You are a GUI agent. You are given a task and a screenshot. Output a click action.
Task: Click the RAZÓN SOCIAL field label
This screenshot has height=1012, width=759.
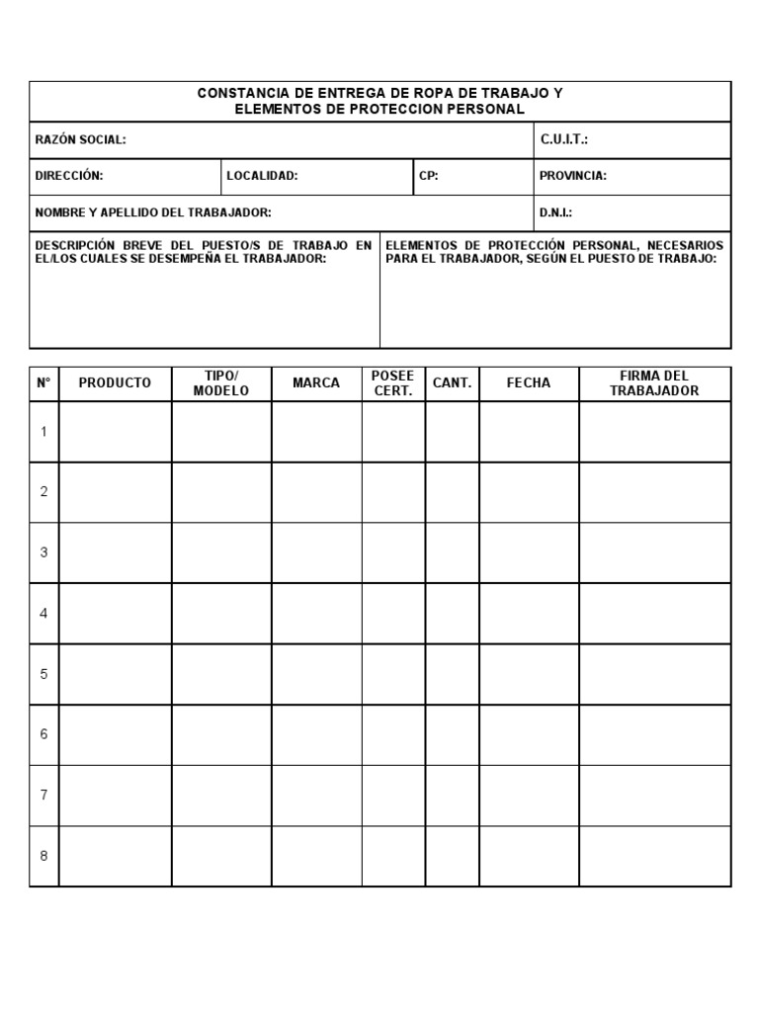[81, 140]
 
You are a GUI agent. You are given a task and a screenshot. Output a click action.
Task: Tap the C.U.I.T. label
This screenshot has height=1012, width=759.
[564, 140]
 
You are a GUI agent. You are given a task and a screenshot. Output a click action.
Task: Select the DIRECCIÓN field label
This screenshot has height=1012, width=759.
[69, 176]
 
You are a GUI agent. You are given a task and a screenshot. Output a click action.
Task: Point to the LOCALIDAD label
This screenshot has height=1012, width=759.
[262, 176]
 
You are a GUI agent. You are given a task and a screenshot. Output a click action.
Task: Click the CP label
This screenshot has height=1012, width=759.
[429, 176]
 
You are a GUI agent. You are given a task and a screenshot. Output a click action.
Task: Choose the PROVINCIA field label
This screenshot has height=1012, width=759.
[573, 176]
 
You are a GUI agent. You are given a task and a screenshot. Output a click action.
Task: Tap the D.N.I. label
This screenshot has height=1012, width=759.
[556, 212]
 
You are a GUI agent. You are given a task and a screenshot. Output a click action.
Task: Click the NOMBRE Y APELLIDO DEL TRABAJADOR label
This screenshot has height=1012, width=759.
[153, 212]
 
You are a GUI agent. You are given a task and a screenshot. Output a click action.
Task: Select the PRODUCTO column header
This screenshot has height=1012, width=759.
[115, 383]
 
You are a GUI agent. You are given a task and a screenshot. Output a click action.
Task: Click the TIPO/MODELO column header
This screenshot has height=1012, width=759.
[221, 383]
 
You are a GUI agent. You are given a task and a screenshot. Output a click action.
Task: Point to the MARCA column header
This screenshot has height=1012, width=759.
[316, 383]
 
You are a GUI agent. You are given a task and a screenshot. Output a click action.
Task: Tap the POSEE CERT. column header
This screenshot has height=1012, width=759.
[392, 383]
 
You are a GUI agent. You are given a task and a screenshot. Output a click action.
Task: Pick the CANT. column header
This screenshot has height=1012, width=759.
[452, 383]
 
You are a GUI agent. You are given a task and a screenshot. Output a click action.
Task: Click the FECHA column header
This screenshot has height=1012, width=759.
[529, 383]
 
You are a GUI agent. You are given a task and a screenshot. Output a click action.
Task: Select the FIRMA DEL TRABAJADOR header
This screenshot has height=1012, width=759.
[654, 383]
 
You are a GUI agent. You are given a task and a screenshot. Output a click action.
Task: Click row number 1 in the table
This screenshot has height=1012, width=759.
[43, 431]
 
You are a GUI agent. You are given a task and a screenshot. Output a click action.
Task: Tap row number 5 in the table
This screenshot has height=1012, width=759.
[43, 674]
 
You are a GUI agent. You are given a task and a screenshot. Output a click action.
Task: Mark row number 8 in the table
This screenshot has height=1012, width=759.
[43, 856]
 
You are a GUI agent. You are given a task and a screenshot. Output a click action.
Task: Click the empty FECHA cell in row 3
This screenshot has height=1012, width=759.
[529, 552]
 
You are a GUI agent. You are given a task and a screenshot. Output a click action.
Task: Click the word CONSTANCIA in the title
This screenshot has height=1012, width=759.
[237, 93]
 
